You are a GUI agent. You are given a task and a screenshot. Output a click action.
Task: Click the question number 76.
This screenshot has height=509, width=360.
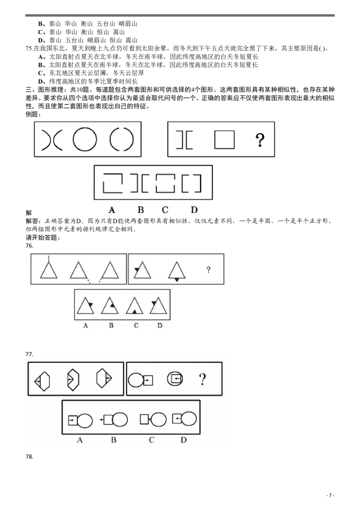pyautogui.click(x=29, y=246)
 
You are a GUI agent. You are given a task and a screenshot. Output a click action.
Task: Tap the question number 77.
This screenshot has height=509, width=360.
pyautogui.click(x=29, y=354)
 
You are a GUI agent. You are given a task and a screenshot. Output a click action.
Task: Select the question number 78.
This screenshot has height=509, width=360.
pyautogui.click(x=29, y=457)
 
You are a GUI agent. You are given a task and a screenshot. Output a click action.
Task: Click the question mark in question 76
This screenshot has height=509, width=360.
pyautogui.click(x=208, y=269)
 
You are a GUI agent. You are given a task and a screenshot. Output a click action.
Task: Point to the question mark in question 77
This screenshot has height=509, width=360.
pyautogui.click(x=202, y=379)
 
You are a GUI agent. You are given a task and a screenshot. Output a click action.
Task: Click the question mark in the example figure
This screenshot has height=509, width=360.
pyautogui.click(x=260, y=140)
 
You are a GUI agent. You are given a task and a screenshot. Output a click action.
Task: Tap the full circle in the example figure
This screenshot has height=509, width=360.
pyautogui.click(x=85, y=139)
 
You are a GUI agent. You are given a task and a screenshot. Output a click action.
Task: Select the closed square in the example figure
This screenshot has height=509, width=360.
pyautogui.click(x=224, y=139)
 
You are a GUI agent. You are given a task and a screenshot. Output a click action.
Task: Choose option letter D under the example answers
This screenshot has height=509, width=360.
pyautogui.click(x=194, y=210)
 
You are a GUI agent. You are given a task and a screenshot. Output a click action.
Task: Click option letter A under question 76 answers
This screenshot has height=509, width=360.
pyautogui.click(x=85, y=325)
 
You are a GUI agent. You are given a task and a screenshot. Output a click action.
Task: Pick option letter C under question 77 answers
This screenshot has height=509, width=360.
pyautogui.click(x=151, y=440)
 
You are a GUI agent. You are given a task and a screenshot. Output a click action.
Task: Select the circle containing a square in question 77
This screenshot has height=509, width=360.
pyautogui.click(x=175, y=379)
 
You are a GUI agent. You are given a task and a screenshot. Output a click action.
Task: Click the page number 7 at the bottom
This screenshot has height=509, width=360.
pyautogui.click(x=330, y=496)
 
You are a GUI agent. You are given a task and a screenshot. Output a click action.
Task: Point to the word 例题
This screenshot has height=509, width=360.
pyautogui.click(x=32, y=114)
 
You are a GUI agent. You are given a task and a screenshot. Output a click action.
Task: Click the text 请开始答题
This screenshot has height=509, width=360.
pyautogui.click(x=41, y=237)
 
